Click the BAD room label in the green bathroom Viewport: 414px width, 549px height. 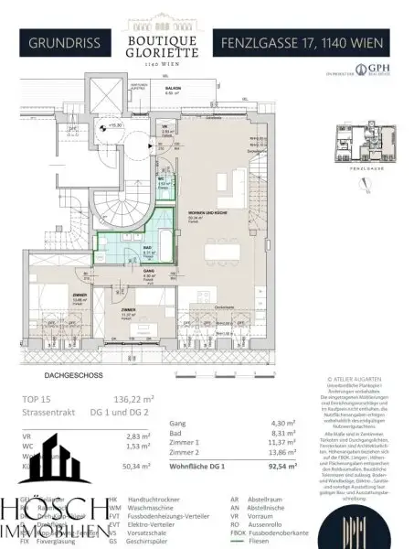136,248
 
